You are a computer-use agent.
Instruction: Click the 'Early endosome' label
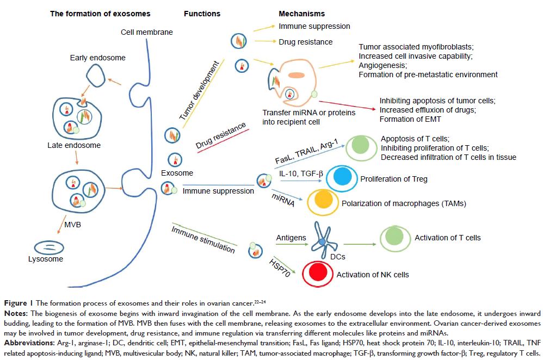point(98,58)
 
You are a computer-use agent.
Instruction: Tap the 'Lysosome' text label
point(46,259)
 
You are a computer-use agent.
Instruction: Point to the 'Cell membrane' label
point(146,32)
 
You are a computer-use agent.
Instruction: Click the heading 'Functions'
point(202,13)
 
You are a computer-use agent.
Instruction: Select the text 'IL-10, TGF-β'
point(298,173)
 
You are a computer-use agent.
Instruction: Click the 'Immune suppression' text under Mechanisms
point(314,26)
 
